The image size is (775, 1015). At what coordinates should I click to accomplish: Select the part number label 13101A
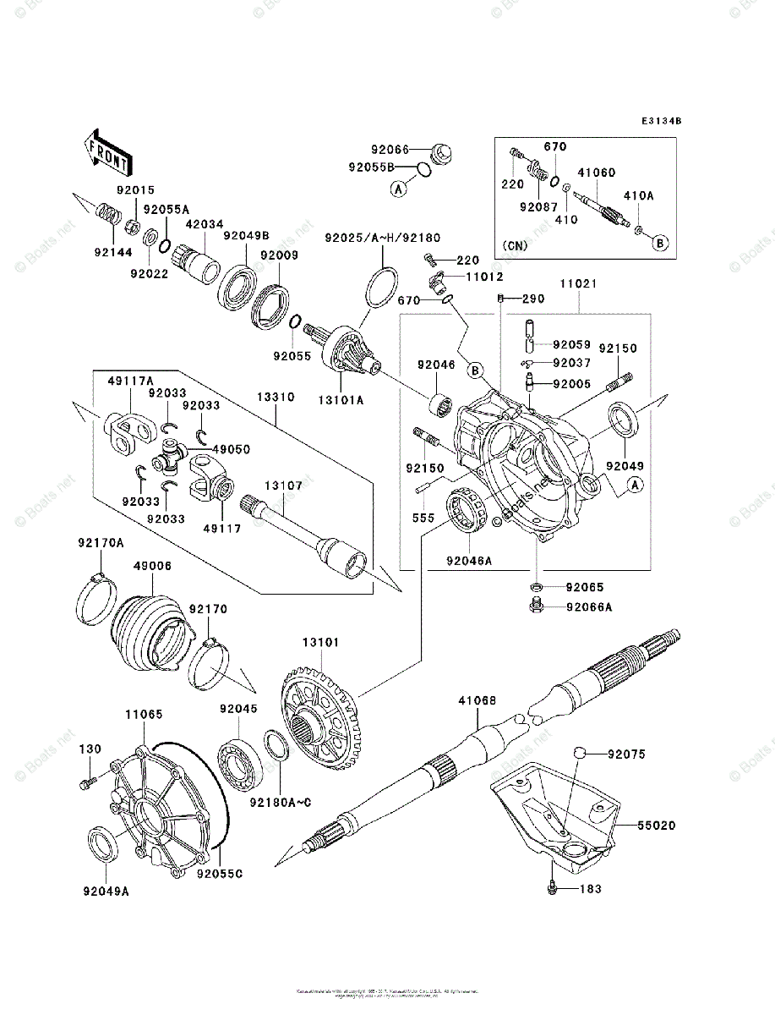pos(341,401)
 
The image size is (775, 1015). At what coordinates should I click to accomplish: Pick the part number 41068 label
pos(478,700)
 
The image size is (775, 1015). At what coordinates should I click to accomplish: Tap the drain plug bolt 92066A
pos(535,605)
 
